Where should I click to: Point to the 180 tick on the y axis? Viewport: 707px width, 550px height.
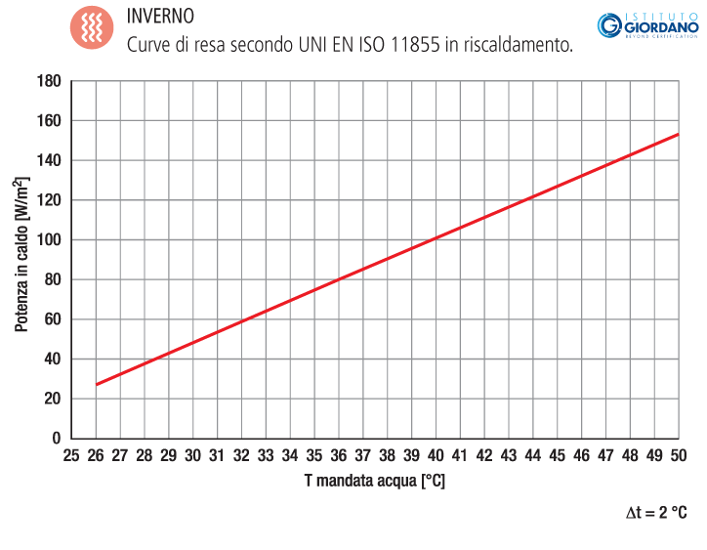click(49, 81)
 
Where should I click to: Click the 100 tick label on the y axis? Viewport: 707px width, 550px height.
click(49, 239)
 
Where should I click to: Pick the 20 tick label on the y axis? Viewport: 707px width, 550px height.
click(53, 399)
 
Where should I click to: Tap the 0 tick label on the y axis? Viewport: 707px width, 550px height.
click(57, 439)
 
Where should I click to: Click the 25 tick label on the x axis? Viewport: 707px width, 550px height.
click(71, 456)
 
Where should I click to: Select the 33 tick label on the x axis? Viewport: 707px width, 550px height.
click(266, 456)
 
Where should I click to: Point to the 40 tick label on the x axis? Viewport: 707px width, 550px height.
click(436, 456)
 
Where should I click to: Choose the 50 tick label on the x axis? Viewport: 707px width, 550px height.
click(678, 456)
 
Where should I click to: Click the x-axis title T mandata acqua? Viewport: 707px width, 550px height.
click(374, 481)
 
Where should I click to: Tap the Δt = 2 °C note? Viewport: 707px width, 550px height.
click(657, 512)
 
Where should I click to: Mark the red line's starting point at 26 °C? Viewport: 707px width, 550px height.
click(96, 385)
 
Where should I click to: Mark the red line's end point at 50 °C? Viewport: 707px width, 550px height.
click(678, 134)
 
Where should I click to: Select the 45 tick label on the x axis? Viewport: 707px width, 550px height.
click(557, 456)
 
